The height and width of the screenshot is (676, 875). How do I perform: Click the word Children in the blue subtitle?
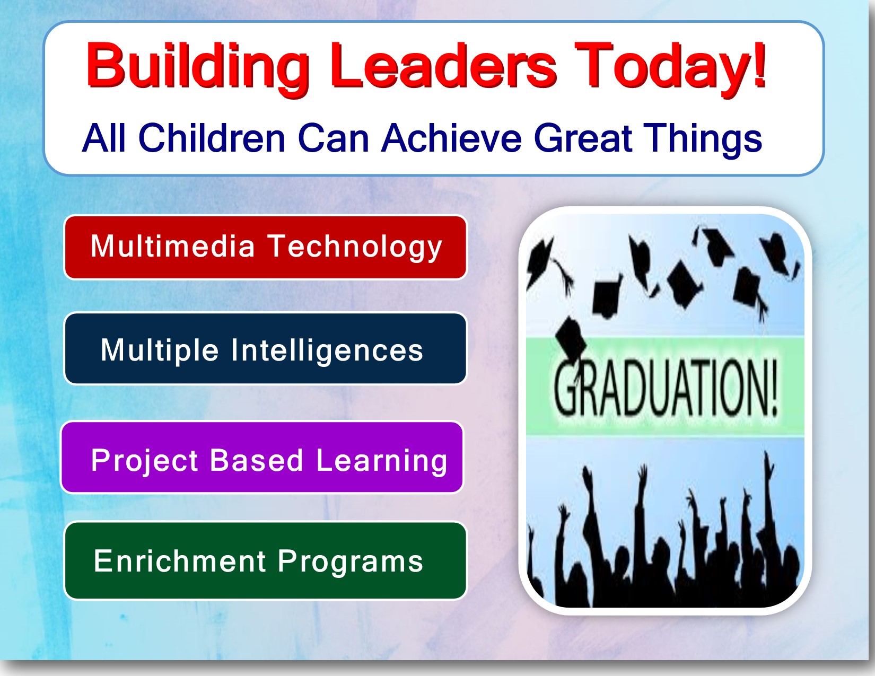pos(212,138)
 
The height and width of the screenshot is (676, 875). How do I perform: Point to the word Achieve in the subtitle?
pos(451,138)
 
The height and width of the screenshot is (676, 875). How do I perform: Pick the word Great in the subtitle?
pos(583,138)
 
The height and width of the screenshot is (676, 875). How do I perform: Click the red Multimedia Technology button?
pos(265,247)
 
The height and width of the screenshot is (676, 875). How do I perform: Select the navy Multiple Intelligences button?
pos(265,349)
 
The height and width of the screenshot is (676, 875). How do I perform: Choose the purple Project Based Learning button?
pos(262,457)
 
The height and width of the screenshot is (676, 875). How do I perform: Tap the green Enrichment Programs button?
pos(265,560)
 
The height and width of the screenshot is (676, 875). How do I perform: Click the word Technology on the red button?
pos(355,248)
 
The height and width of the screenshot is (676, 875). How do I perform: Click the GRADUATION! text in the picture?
pos(665,388)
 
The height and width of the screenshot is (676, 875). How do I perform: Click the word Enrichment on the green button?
pos(180,560)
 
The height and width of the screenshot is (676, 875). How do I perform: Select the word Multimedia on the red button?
pos(173,245)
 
